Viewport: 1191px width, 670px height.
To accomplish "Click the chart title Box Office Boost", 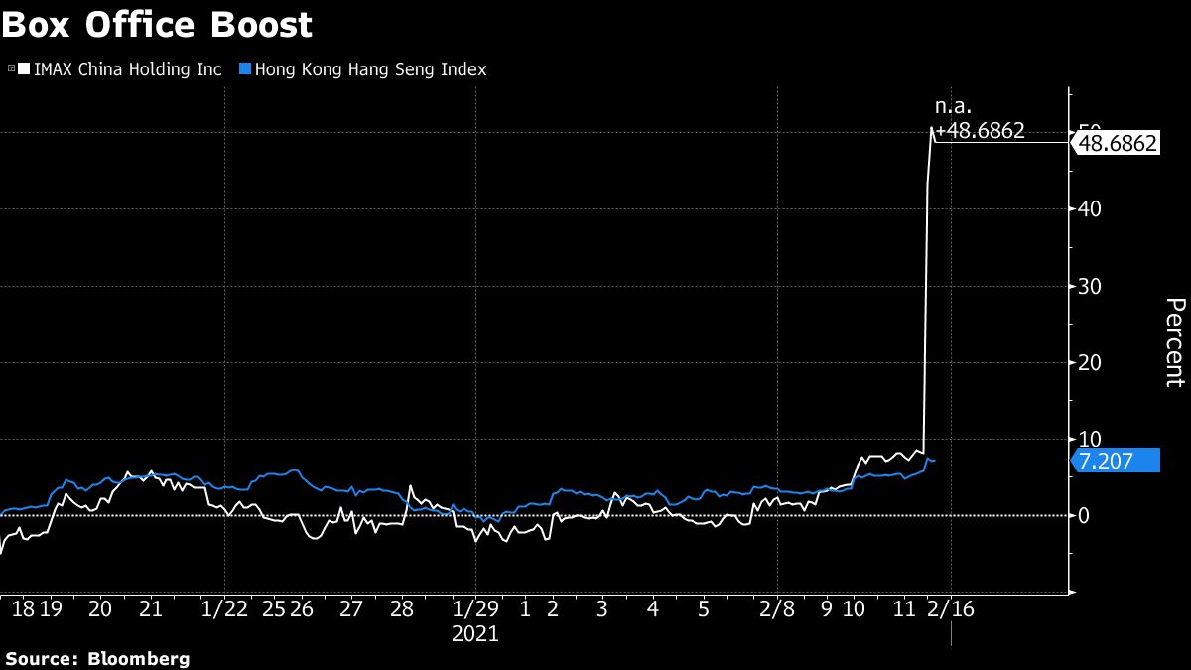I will pyautogui.click(x=157, y=25).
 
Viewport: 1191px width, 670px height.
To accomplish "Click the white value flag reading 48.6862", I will pyautogui.click(x=1117, y=143).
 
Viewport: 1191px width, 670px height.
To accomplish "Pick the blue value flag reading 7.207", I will pyautogui.click(x=1117, y=460).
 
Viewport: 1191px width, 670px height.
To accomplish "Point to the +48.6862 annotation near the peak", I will pyautogui.click(x=980, y=130).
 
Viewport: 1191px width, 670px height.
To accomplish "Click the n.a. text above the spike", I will pyautogui.click(x=953, y=105).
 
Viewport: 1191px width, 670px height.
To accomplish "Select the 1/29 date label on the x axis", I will pyautogui.click(x=474, y=608).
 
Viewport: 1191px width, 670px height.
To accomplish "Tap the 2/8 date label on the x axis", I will pyautogui.click(x=777, y=608).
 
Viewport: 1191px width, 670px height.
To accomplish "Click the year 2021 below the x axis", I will pyautogui.click(x=474, y=632).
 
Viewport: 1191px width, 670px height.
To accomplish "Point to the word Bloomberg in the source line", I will pyautogui.click(x=139, y=658).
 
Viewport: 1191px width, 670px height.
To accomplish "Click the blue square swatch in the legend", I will pyautogui.click(x=244, y=69).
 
